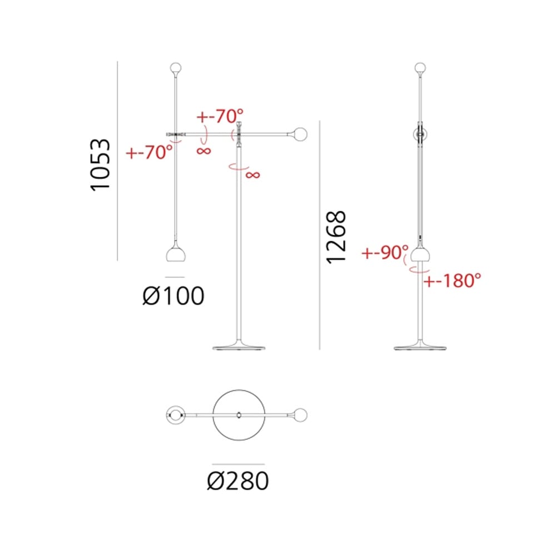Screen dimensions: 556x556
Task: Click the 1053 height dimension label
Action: tap(100, 165)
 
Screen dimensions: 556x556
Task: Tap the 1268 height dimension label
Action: tap(336, 237)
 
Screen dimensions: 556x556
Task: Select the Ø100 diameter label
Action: tap(173, 296)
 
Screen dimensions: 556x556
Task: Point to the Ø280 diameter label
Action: tap(238, 481)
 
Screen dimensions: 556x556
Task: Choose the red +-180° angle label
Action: tap(453, 280)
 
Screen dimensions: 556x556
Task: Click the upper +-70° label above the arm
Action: tap(220, 116)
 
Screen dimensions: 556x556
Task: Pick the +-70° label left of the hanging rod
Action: tap(149, 152)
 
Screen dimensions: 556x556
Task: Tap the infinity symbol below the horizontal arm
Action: tap(203, 151)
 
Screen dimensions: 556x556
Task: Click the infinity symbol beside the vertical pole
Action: tap(253, 175)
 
